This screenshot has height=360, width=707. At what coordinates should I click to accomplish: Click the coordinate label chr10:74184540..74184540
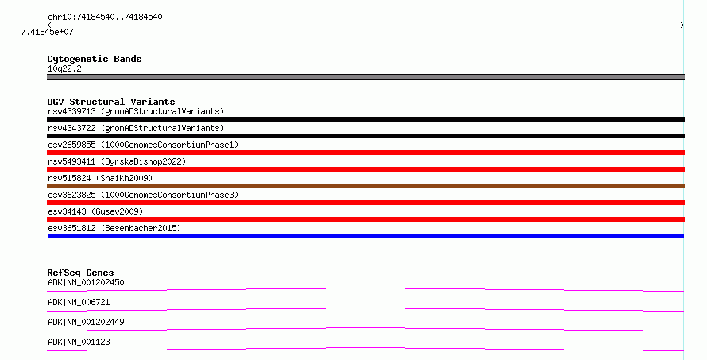click(105, 17)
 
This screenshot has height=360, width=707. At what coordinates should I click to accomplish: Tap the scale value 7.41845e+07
click(48, 32)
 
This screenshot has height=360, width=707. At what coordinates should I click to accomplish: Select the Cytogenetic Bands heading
click(95, 59)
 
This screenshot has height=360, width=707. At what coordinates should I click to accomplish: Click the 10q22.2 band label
click(64, 68)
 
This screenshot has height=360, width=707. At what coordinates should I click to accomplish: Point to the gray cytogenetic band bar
click(365, 77)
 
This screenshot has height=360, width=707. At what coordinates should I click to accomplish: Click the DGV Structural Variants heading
click(111, 102)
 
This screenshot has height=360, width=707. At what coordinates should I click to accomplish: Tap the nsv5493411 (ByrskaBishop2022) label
click(117, 161)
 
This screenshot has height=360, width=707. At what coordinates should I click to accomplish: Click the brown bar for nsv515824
click(365, 186)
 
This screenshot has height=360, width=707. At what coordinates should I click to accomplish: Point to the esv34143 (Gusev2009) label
click(95, 211)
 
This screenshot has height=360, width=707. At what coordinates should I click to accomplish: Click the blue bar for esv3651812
click(365, 236)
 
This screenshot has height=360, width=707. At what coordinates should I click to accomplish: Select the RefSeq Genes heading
click(80, 273)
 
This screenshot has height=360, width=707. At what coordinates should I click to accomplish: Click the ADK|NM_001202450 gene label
click(86, 282)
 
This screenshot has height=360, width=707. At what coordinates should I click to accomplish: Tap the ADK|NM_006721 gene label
click(79, 302)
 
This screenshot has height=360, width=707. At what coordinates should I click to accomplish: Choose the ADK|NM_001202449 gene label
click(86, 322)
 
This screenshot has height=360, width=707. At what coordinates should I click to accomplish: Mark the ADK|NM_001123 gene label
click(79, 342)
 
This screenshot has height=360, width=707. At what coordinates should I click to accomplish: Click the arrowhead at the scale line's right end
click(683, 25)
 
